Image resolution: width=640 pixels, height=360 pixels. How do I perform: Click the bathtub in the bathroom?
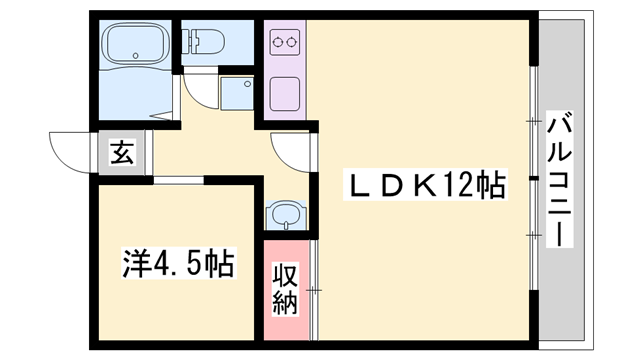[x=135, y=45]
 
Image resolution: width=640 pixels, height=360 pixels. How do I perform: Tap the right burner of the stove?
[x=291, y=43]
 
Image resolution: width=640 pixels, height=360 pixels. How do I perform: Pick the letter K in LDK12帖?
[x=416, y=185]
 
